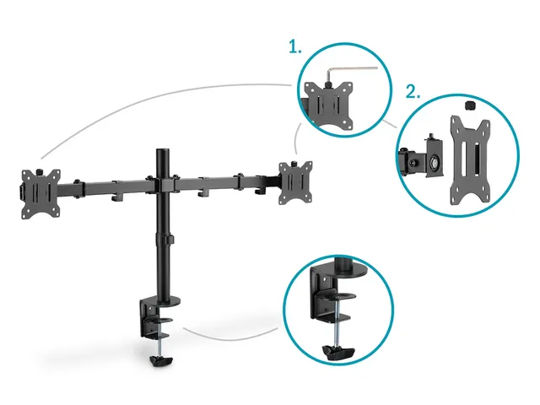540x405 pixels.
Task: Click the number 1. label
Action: (x=294, y=47)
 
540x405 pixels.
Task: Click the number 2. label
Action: (x=413, y=92)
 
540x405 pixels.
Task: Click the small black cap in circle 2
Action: (x=470, y=105)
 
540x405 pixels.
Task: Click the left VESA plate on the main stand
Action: (x=41, y=193)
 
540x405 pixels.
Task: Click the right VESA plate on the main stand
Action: (x=296, y=183)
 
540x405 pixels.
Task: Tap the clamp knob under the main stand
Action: (x=161, y=361)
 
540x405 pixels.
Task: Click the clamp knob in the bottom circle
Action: (x=338, y=352)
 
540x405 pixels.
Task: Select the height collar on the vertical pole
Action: (x=165, y=238)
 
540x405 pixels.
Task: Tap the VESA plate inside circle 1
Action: (x=330, y=105)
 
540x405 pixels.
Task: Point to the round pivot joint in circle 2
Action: (x=435, y=161)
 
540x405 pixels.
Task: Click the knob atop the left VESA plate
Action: (x=39, y=170)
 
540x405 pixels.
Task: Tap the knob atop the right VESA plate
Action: (x=294, y=163)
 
